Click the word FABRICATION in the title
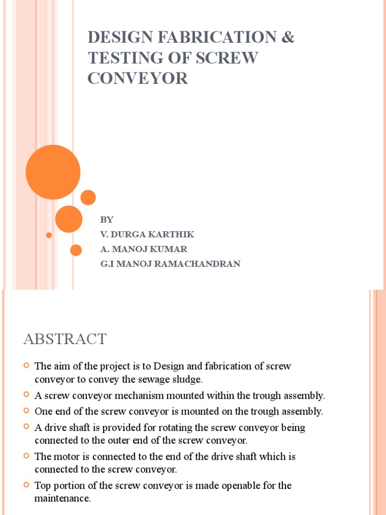click(212, 38)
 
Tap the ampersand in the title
click(287, 38)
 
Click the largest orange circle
click(53, 172)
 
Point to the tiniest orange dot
click(49, 235)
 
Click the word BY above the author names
click(107, 220)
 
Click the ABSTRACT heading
click(65, 339)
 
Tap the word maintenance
click(62, 498)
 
